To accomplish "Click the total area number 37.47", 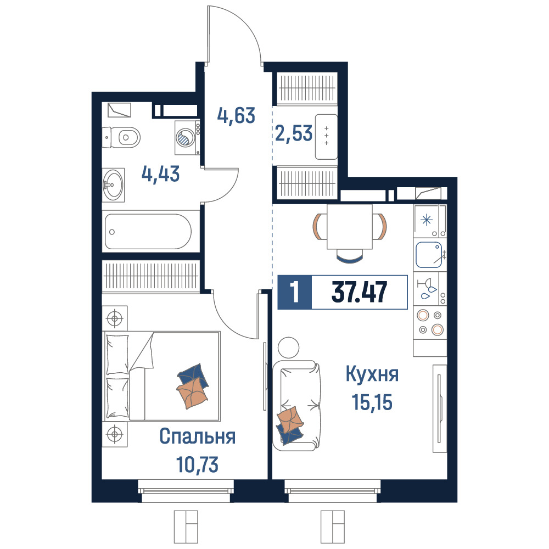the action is [359, 292].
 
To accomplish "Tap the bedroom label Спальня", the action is [198, 436].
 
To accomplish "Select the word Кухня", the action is [372, 374].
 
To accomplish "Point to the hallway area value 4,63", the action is [236, 115].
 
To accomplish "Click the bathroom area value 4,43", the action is [161, 173].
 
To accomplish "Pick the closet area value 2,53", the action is [294, 133].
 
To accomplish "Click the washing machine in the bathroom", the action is [187, 138].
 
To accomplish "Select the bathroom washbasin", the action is [113, 184].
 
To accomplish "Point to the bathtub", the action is [148, 232].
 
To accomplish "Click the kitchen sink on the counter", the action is [430, 255].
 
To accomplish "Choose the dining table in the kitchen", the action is [350, 227].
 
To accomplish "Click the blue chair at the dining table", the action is [350, 256].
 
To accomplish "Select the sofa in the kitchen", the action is [296, 405].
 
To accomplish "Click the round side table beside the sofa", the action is [289, 348].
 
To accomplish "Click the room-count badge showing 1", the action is [294, 293].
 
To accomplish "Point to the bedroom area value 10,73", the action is [198, 464].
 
